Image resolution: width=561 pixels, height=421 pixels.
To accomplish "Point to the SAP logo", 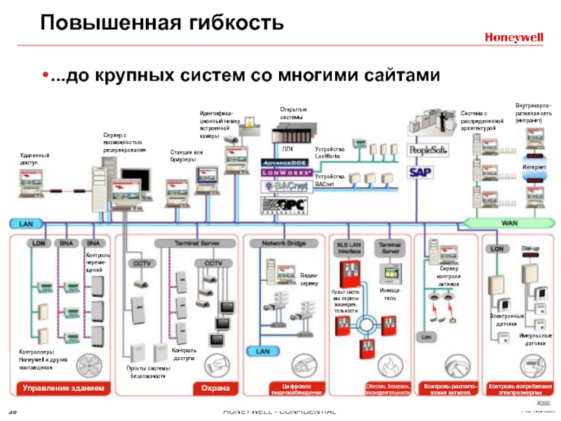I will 421,172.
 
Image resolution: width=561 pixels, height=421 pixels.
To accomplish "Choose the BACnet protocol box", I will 285,186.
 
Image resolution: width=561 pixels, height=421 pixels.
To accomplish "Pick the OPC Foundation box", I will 285,204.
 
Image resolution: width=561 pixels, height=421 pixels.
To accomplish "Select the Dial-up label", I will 531,248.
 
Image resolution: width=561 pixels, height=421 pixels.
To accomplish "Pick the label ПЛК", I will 288,149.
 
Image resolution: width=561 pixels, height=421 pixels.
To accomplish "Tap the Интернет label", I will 534,167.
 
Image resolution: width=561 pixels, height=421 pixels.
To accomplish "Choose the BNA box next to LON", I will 66,243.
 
